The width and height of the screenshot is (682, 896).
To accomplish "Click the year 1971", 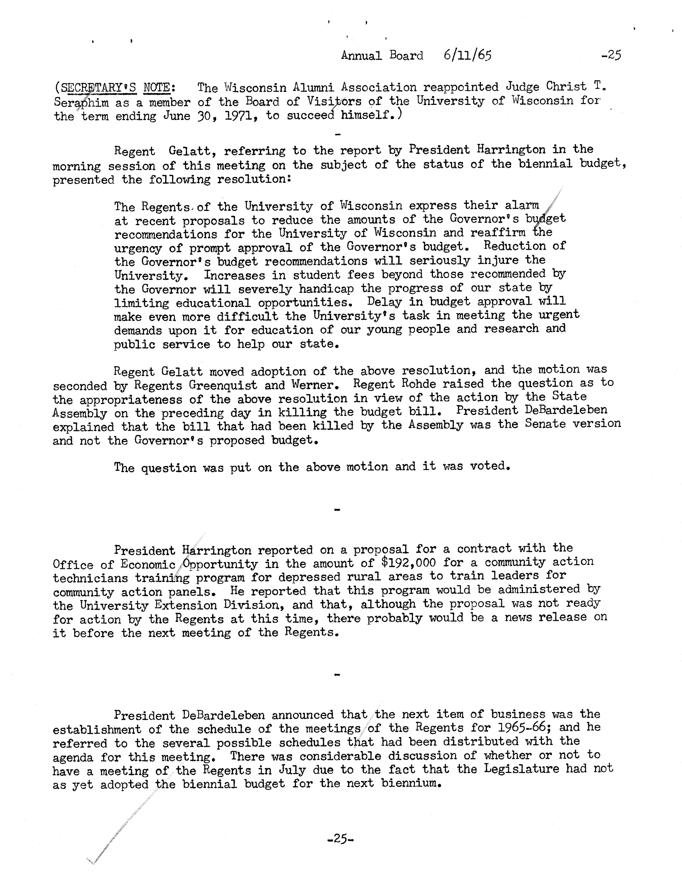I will (x=235, y=116).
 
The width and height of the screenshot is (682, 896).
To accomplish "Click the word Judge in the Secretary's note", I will (x=522, y=87).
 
